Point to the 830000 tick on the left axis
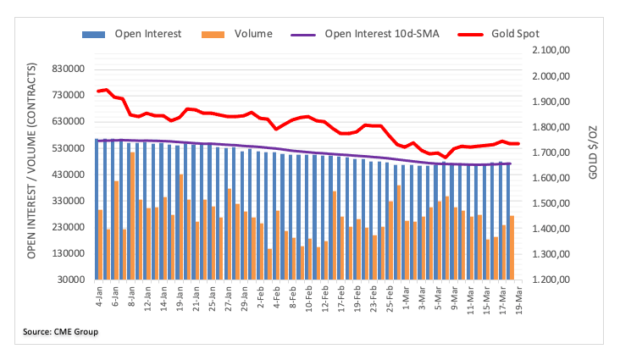click(x=69, y=69)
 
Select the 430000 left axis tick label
click(x=69, y=174)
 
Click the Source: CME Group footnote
click(x=61, y=331)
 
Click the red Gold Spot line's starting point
click(x=97, y=91)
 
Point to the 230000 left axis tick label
click(x=69, y=227)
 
